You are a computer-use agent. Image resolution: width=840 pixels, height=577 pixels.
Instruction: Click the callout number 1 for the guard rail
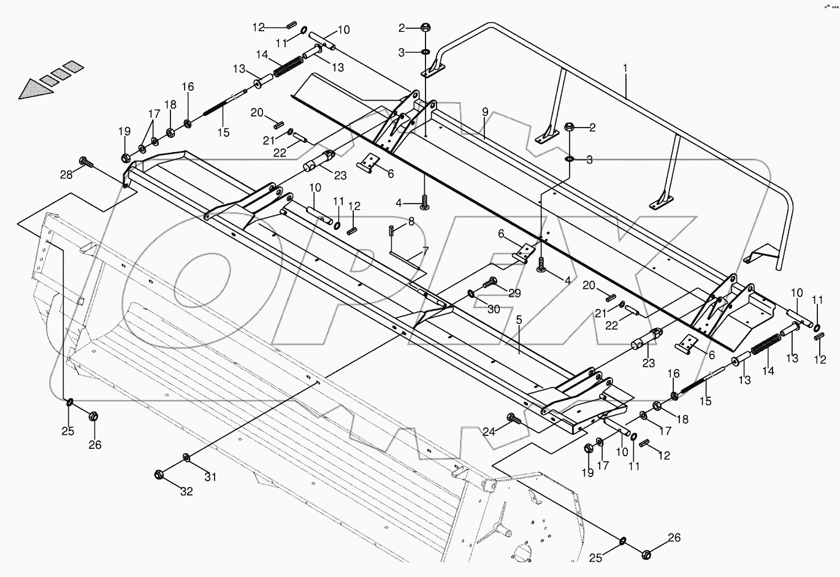point(625,69)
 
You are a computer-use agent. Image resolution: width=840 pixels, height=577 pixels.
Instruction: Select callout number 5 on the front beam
point(519,319)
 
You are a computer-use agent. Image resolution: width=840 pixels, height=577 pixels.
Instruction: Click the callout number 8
point(411,220)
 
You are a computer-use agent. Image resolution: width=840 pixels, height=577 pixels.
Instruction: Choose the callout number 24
point(488,432)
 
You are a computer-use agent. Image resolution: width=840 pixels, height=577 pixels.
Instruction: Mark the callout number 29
point(514,294)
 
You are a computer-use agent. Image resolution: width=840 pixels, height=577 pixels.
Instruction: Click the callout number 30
point(494,310)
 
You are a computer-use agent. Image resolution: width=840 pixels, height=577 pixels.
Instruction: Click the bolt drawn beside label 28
point(86,164)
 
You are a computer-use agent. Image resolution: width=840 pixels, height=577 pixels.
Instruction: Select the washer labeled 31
point(186,457)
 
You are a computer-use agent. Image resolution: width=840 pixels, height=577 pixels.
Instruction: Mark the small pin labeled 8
point(391,233)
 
